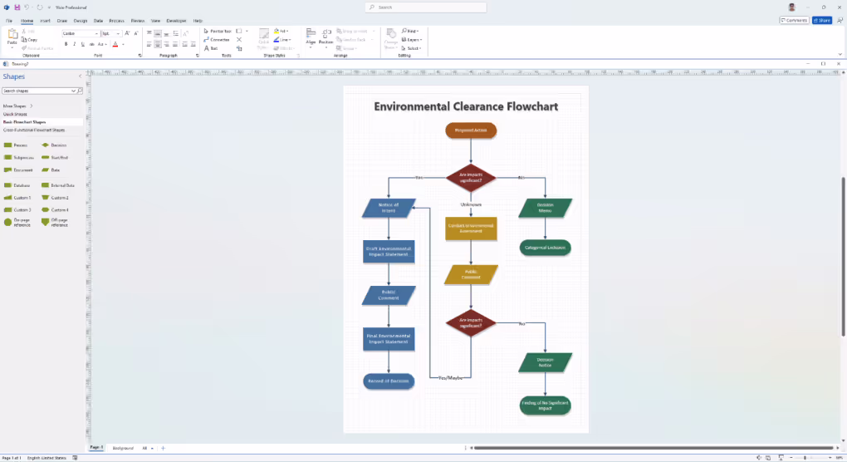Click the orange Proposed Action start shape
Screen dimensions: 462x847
[x=471, y=130]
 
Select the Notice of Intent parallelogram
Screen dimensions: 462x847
[x=389, y=208]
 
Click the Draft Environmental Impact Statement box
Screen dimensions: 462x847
[x=389, y=251]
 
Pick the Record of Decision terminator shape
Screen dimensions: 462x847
[x=389, y=381]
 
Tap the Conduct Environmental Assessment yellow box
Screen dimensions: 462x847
[x=471, y=229]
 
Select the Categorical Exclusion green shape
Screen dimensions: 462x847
[x=546, y=248]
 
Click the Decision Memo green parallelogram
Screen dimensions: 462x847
[x=546, y=208]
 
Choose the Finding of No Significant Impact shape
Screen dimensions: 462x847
[x=546, y=405]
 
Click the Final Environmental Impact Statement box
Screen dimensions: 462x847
[x=389, y=338]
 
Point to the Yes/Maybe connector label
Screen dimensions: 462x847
[x=450, y=378]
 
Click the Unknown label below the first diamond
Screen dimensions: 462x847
[x=471, y=204]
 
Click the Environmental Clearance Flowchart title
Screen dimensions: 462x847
[x=466, y=106]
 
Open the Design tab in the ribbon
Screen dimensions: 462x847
[x=81, y=20]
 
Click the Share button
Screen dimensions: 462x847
[x=822, y=20]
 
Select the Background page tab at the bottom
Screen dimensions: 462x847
[x=122, y=448]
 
